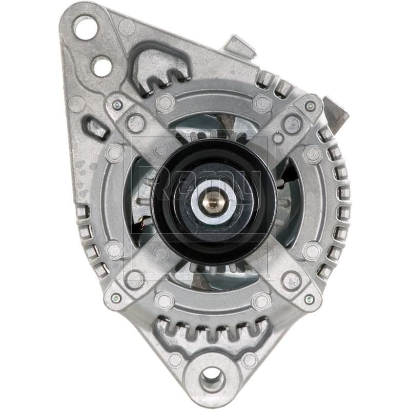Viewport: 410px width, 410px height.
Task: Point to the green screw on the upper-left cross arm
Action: (117, 105)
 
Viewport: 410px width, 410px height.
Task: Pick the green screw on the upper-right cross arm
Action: (309, 106)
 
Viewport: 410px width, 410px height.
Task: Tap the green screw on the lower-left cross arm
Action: (116, 298)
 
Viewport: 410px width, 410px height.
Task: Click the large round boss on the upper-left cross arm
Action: (136, 124)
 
